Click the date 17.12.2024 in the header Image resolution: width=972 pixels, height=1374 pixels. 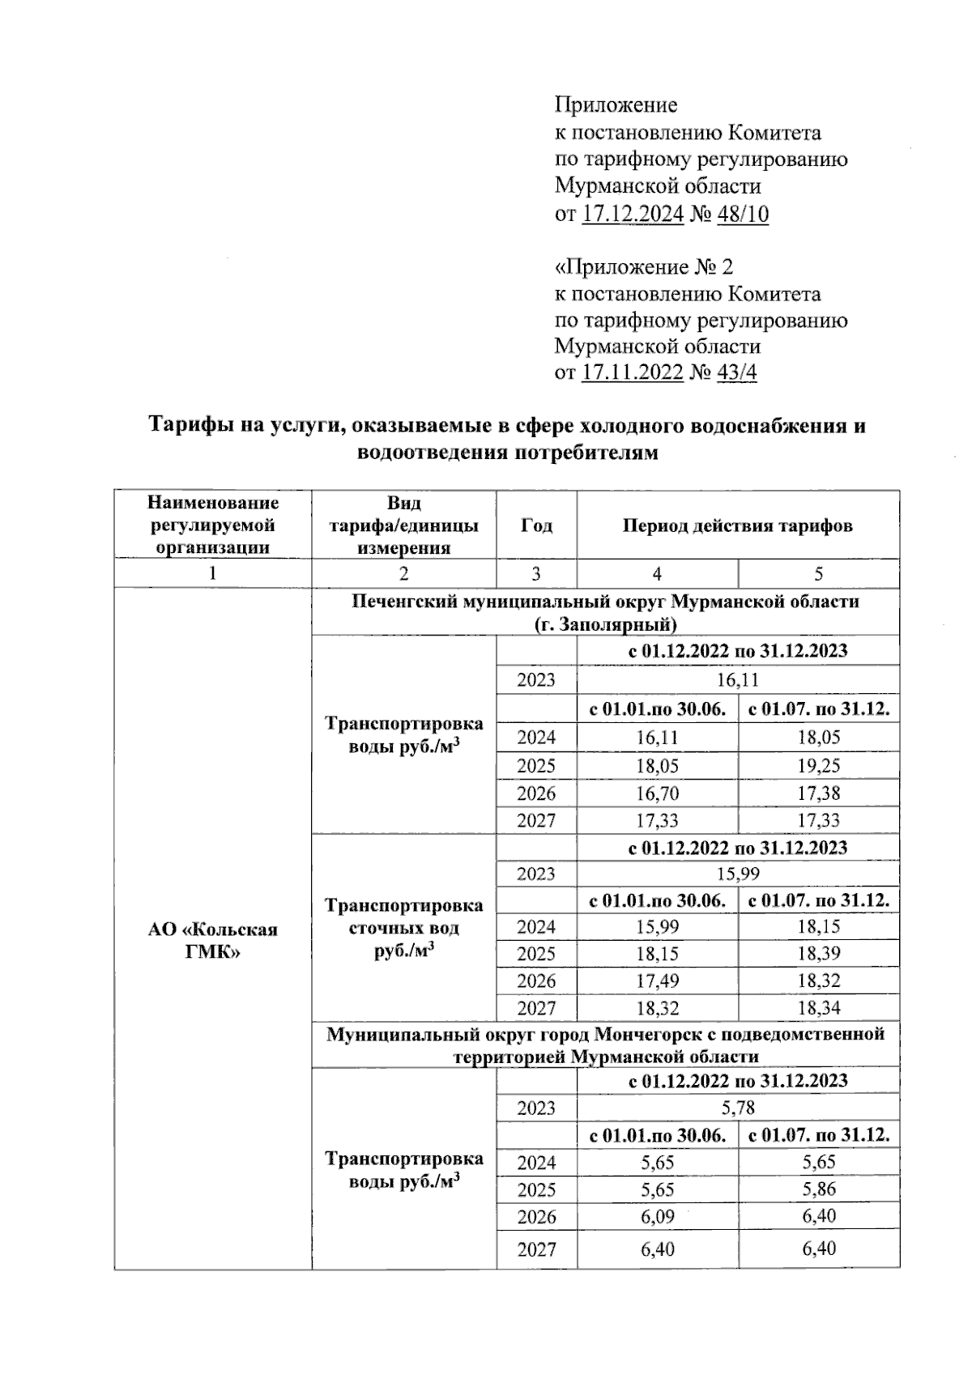[633, 214]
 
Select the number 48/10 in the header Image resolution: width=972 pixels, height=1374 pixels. [743, 214]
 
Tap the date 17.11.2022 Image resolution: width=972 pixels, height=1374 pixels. [633, 372]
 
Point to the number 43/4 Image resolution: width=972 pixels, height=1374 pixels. [737, 372]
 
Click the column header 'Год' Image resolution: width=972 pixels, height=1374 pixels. [536, 525]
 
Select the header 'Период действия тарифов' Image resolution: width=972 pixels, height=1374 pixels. [737, 525]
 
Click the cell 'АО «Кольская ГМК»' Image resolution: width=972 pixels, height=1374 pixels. [212, 940]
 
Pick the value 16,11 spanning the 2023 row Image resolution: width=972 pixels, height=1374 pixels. [737, 680]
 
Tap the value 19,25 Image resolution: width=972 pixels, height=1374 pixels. [818, 765]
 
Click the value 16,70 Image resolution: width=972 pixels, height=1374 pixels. [657, 793]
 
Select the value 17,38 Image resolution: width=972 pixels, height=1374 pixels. [818, 793]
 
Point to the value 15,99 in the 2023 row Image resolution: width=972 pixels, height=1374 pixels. [737, 874]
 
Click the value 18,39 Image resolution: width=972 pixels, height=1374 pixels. [818, 953]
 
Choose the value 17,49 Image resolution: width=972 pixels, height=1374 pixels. [657, 981]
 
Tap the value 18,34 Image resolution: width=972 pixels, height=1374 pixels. [818, 1008]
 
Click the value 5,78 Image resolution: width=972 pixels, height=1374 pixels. [737, 1107]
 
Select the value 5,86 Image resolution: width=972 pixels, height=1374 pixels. [818, 1189]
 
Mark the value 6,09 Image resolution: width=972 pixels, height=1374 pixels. [657, 1216]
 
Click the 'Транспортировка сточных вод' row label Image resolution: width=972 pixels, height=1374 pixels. [403, 928]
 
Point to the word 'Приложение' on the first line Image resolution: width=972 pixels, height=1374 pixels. [616, 104]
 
